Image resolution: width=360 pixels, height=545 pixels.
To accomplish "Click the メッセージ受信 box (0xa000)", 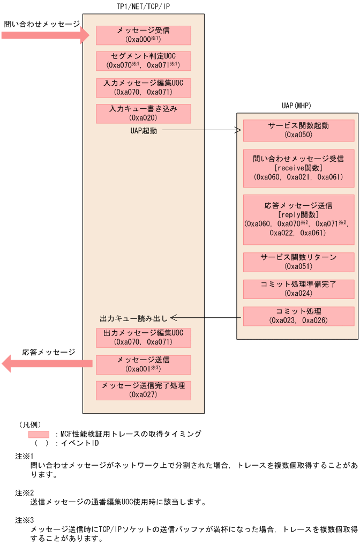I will pyautogui.click(x=143, y=35).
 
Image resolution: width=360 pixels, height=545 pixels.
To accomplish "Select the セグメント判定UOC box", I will pyautogui.click(x=143, y=61).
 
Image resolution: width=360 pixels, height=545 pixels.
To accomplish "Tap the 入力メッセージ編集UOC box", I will pyautogui.click(x=143, y=87).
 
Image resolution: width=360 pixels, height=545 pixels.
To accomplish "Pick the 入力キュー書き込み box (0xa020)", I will pyautogui.click(x=143, y=113).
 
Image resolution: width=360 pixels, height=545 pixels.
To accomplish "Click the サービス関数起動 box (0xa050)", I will pyautogui.click(x=298, y=130).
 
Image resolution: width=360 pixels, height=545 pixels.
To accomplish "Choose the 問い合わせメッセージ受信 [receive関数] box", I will pyautogui.click(x=298, y=168).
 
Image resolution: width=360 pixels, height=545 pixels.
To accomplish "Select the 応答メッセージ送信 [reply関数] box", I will pyautogui.click(x=298, y=219).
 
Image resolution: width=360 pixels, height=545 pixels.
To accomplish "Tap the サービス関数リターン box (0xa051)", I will pyautogui.click(x=298, y=262).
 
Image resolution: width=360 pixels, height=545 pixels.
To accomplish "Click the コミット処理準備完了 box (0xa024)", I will pyautogui.click(x=298, y=288).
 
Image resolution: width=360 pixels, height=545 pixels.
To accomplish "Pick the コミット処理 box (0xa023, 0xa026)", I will pyautogui.click(x=298, y=316).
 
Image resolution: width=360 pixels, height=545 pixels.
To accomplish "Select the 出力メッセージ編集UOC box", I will pyautogui.click(x=143, y=337).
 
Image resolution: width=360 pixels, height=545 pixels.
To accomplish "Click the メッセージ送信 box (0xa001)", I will pyautogui.click(x=143, y=364).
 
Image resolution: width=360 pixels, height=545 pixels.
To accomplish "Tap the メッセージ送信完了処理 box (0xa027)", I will pyautogui.click(x=143, y=390).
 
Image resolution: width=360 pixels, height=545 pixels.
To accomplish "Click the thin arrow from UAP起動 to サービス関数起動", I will pyautogui.click(x=201, y=130).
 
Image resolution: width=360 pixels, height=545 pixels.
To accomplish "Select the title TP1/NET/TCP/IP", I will pyautogui.click(x=144, y=6).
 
